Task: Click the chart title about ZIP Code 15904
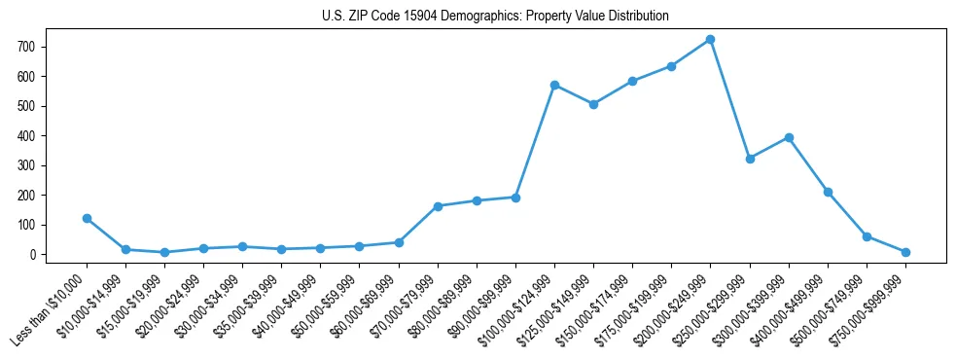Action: click(495, 17)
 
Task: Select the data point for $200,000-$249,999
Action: click(711, 40)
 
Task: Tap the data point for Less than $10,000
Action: click(88, 219)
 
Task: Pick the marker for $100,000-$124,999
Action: click(554, 86)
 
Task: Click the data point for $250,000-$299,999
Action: click(750, 159)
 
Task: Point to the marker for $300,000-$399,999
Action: click(789, 138)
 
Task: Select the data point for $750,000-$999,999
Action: click(905, 252)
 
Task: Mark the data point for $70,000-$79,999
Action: click(438, 206)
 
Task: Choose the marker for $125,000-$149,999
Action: click(593, 104)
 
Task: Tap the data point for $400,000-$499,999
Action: click(828, 193)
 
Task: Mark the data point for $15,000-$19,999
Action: click(165, 252)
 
